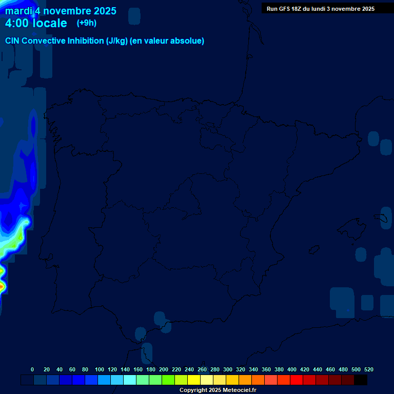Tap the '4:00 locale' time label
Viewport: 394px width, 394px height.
36,23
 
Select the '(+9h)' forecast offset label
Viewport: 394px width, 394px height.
86,23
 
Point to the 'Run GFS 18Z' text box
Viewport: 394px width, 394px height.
320,9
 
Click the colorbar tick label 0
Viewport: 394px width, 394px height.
32,369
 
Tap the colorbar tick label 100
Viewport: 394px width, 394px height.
100,369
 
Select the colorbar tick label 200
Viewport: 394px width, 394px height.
164,369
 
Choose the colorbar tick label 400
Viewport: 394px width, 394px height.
292,369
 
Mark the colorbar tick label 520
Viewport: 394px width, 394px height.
369,369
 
